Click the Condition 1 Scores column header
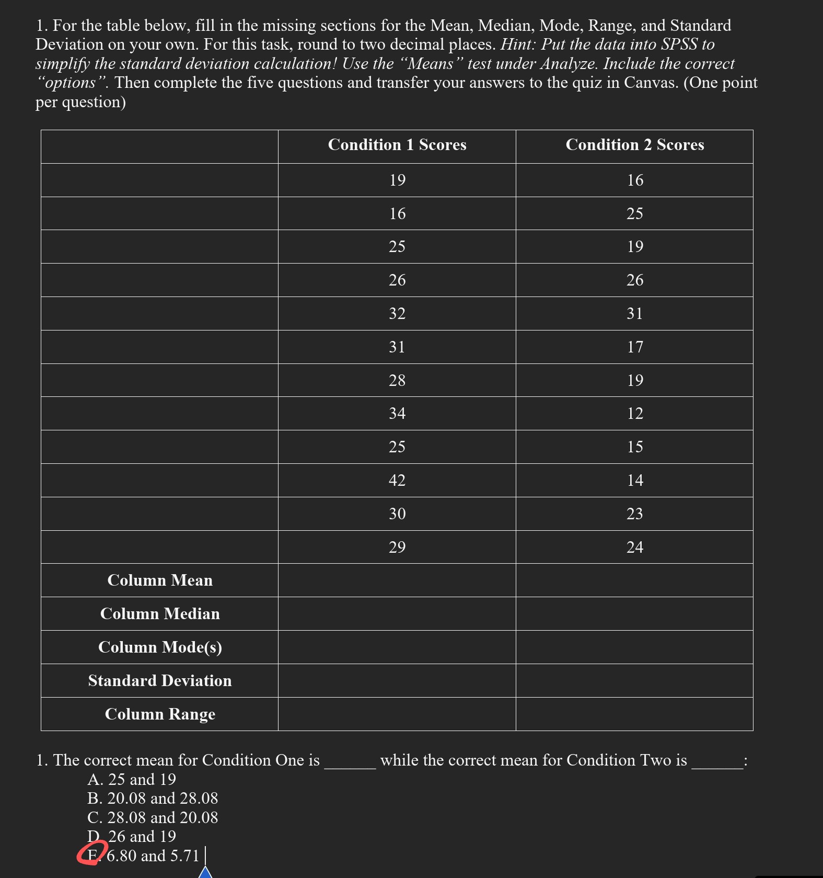[397, 145]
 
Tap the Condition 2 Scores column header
[634, 145]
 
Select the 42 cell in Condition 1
[397, 480]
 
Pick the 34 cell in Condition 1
[397, 414]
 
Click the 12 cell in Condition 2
[635, 414]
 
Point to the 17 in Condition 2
[635, 347]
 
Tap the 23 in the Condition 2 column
[635, 514]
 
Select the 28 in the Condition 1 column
[397, 380]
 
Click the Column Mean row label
[160, 580]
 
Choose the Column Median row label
[160, 614]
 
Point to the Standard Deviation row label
[160, 681]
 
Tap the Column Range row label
[160, 714]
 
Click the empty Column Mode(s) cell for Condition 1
[397, 647]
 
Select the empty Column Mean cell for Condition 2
[634, 580]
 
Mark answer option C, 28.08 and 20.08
[153, 817]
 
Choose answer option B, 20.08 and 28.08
[153, 799]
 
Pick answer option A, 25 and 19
[132, 779]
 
